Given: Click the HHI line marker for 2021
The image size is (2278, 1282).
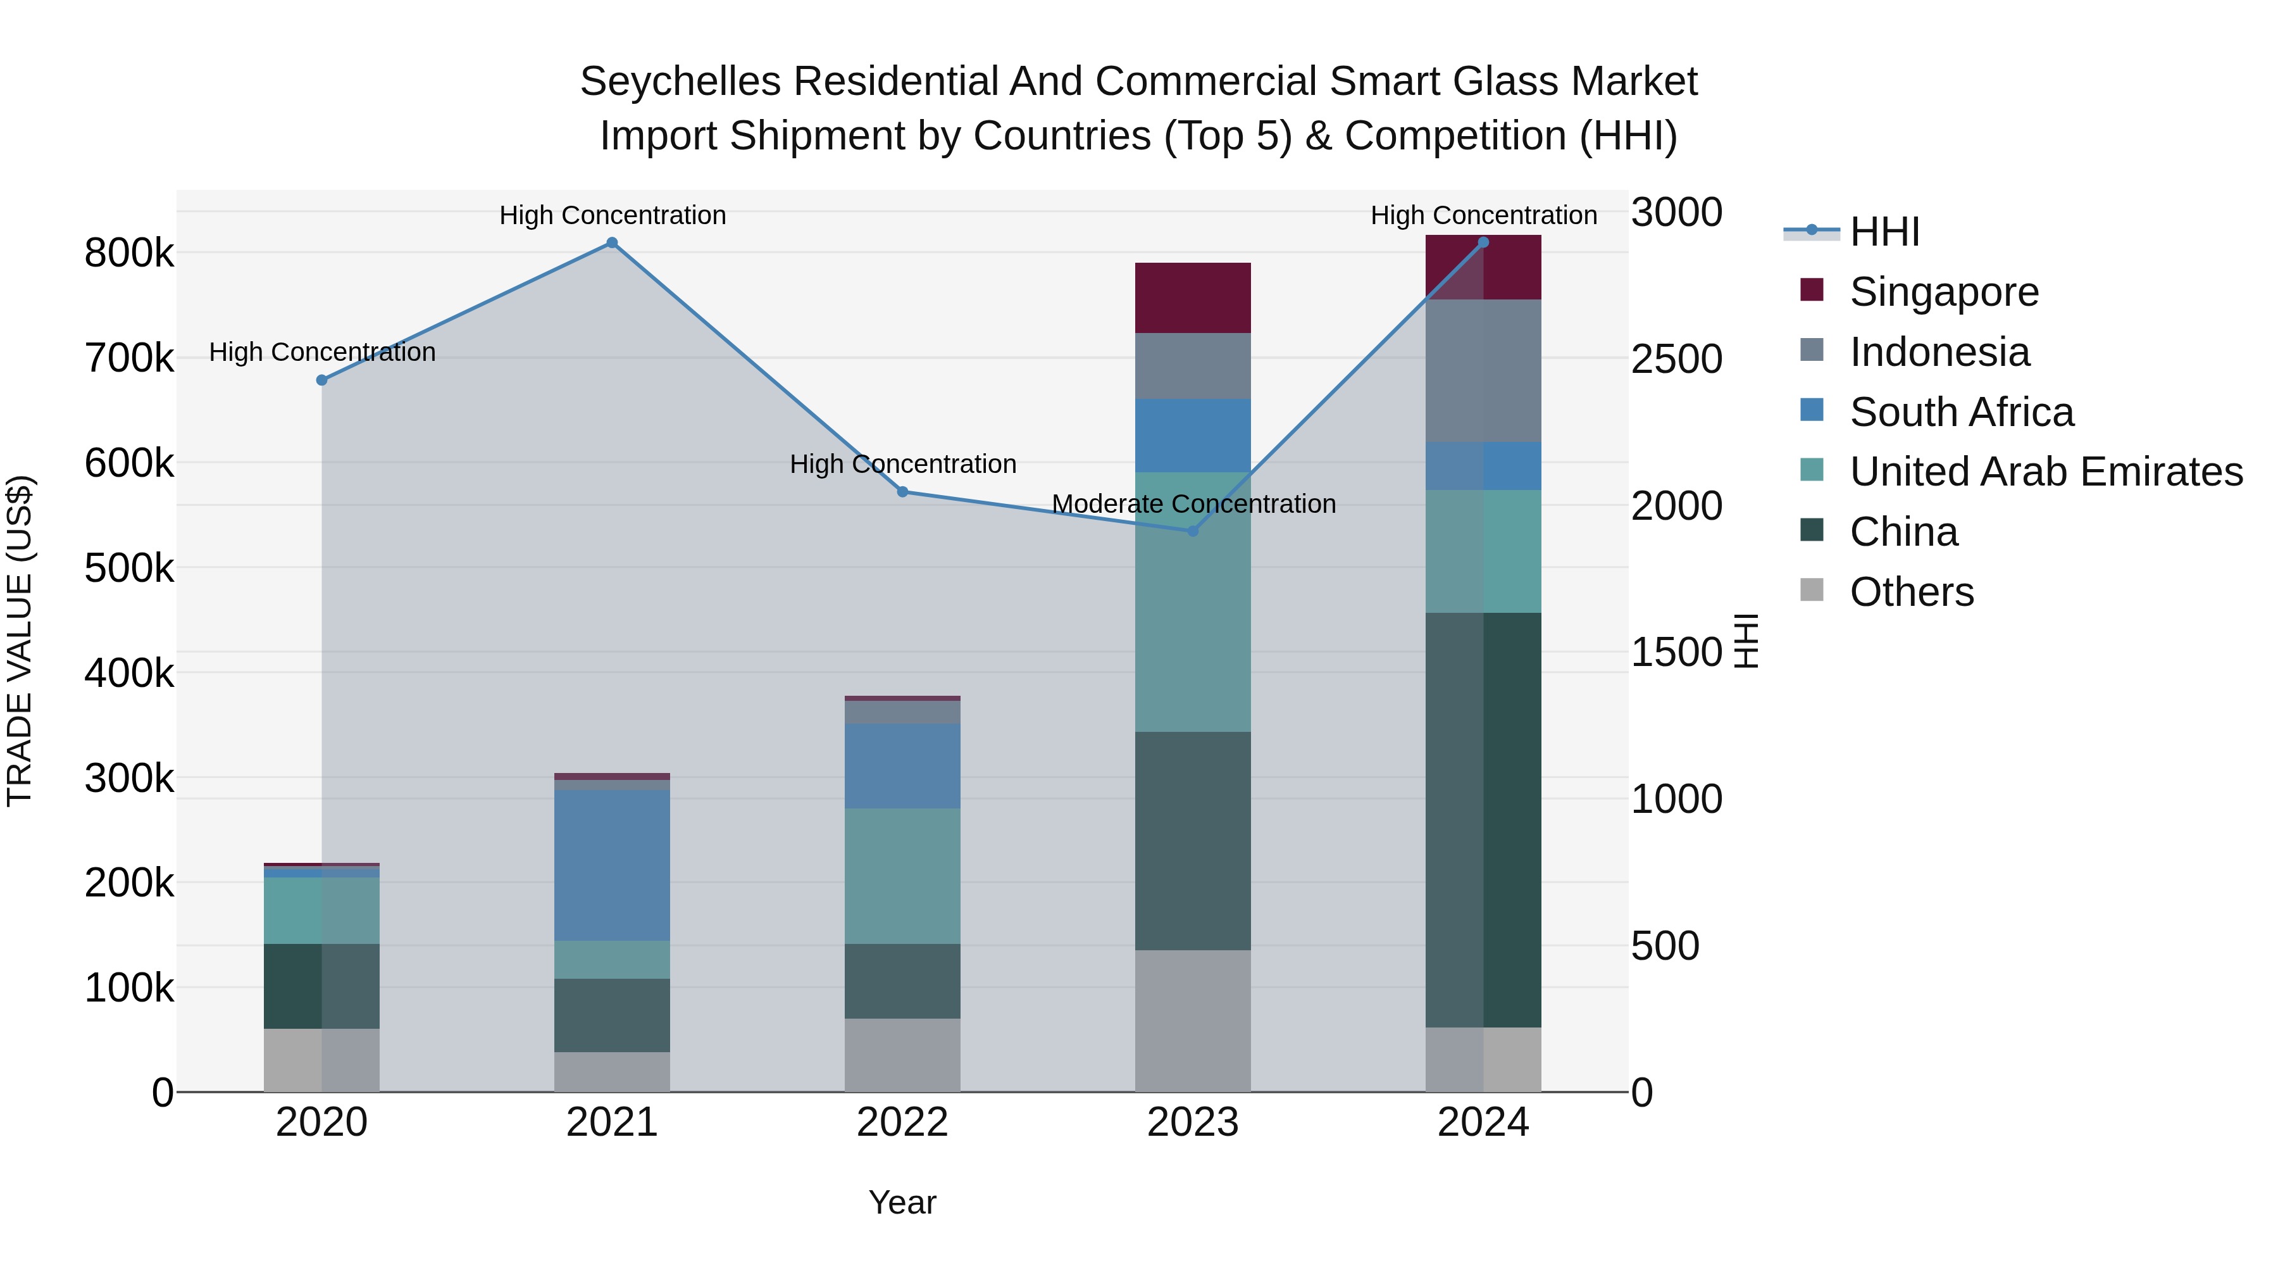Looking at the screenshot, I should point(612,243).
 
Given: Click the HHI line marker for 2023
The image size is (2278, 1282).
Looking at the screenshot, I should point(1192,531).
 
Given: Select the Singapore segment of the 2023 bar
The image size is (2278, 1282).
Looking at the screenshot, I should point(1192,298).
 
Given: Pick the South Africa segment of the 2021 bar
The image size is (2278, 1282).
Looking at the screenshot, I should point(612,865).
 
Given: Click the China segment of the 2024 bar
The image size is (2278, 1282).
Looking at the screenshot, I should point(1483,819).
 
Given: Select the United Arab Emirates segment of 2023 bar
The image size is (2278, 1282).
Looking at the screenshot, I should point(1192,601).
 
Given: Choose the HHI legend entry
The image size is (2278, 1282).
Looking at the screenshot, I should point(1884,232).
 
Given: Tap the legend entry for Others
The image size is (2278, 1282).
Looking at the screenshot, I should point(1910,592).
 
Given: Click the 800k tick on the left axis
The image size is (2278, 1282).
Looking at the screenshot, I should point(129,254).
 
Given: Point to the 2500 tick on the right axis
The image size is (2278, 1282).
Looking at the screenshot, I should point(1676,359).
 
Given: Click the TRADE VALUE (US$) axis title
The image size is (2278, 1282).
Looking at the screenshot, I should point(20,641).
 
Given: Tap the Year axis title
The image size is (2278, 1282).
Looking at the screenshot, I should point(902,1202).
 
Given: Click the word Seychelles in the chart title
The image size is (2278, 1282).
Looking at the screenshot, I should point(680,82).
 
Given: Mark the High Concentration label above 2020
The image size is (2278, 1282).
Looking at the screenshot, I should point(322,352).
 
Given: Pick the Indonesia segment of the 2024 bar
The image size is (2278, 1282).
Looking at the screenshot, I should point(1483,371).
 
